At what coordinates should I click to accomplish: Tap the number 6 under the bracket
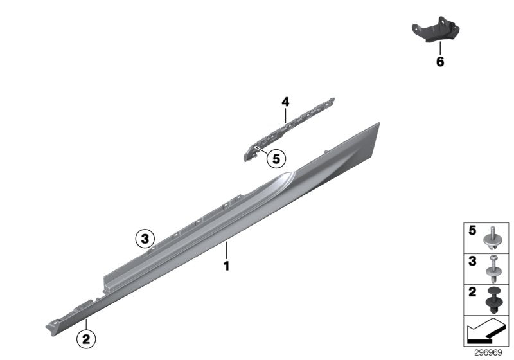point(440,62)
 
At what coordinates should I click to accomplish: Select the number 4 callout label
point(285,102)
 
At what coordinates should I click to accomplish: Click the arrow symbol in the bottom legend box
point(486,332)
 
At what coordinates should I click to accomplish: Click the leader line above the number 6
point(440,48)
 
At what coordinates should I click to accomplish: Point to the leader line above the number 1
point(226,249)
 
